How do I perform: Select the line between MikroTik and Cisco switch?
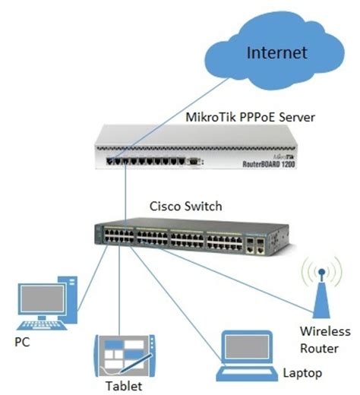122,194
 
